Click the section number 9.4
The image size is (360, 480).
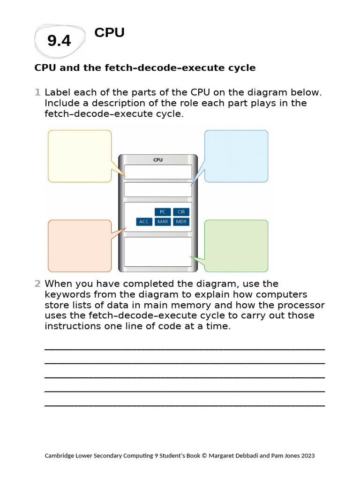[x=59, y=41]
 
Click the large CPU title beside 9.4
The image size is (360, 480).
[x=109, y=33]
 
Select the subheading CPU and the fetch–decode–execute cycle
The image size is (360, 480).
[x=145, y=68]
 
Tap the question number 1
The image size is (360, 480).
[x=37, y=92]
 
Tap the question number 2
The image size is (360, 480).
[x=37, y=284]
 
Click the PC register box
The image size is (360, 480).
[x=163, y=212]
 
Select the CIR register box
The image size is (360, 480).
[x=181, y=212]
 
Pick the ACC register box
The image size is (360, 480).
[x=144, y=222]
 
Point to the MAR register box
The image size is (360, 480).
[x=163, y=222]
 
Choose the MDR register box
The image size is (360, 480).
[x=181, y=222]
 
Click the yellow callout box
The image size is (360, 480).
[x=80, y=156]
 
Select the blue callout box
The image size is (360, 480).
[x=236, y=156]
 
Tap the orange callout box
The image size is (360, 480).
[x=80, y=246]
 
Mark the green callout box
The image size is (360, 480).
[x=236, y=246]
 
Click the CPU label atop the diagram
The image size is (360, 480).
[x=158, y=160]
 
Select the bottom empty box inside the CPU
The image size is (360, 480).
[x=158, y=252]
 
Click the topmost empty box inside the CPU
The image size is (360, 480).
[x=158, y=172]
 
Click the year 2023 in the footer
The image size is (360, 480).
[x=307, y=456]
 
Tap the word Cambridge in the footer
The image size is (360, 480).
[x=58, y=456]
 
